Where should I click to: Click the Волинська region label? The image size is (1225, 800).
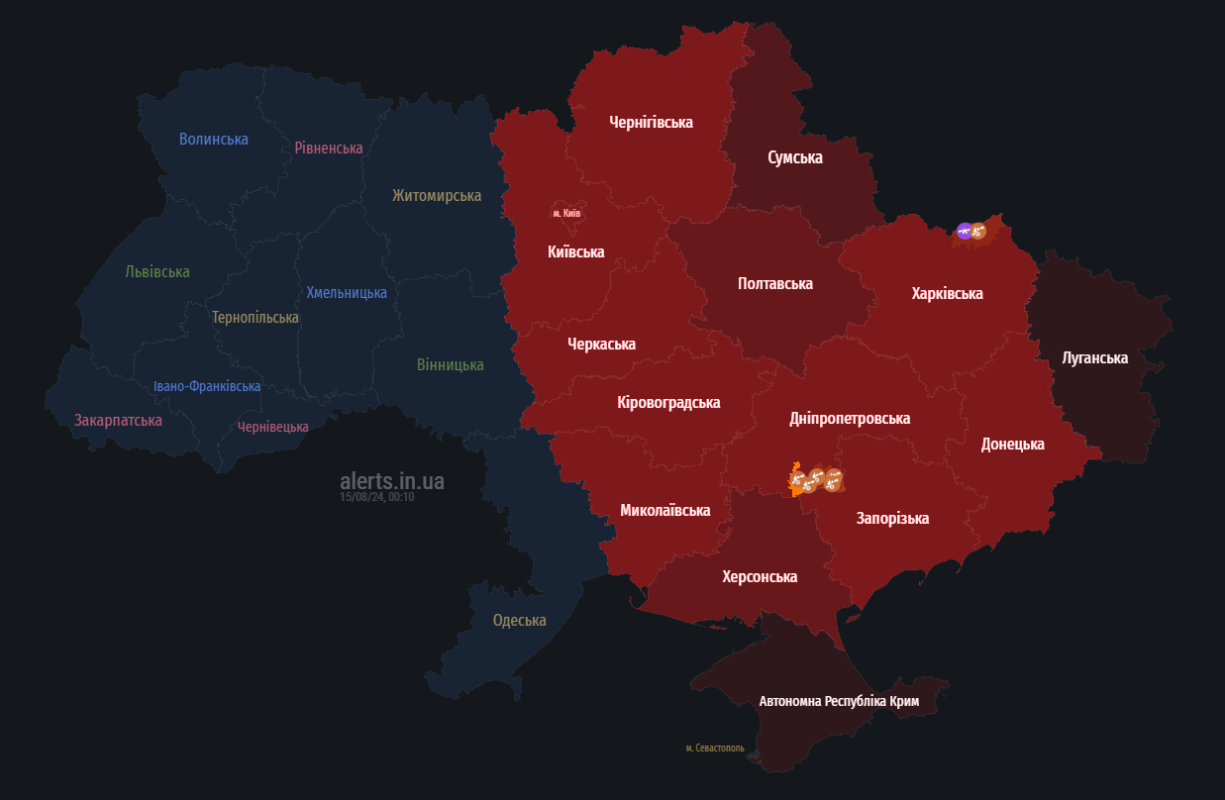[x=214, y=139]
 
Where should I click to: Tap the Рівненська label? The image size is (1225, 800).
[x=329, y=148]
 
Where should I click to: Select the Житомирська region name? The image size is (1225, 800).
[x=437, y=195]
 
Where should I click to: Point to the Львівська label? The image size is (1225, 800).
[x=157, y=271]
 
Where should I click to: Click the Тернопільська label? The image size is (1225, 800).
[x=255, y=317]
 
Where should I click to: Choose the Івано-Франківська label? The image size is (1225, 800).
[x=207, y=386]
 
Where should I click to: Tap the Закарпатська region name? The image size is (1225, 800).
[x=118, y=420]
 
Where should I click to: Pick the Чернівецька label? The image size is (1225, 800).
[x=273, y=427]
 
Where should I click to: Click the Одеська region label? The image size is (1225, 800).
[x=520, y=620]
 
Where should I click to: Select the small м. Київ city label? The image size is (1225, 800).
[x=566, y=213]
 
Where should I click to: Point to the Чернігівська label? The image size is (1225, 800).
[x=651, y=122]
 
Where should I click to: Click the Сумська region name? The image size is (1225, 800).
[x=795, y=156]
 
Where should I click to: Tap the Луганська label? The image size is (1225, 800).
[x=1094, y=357]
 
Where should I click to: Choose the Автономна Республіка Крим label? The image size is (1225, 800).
[x=839, y=701]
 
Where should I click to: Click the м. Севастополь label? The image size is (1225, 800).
[x=714, y=748]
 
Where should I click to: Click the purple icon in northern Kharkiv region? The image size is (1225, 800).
[x=964, y=231]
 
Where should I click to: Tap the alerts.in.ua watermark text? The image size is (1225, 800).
[x=392, y=481]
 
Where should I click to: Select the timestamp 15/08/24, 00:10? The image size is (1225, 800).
[x=376, y=497]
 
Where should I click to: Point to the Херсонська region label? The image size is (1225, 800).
[x=760, y=576]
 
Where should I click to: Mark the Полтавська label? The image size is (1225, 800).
[x=775, y=283]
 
